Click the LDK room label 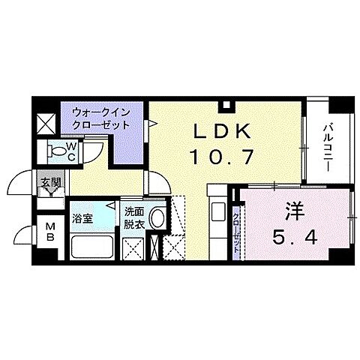tap(223, 131)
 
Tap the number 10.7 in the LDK tap(222, 157)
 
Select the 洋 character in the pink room tap(295, 212)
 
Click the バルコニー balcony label tap(328, 148)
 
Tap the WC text tap(71, 151)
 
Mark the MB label tap(50, 232)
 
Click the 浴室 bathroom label tap(82, 219)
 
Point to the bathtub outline tap(92, 247)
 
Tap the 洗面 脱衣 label tap(134, 218)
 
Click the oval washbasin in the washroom tap(157, 218)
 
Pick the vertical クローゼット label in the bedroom tap(236, 230)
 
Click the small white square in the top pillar tap(226, 104)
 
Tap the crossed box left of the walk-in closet tap(46, 124)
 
